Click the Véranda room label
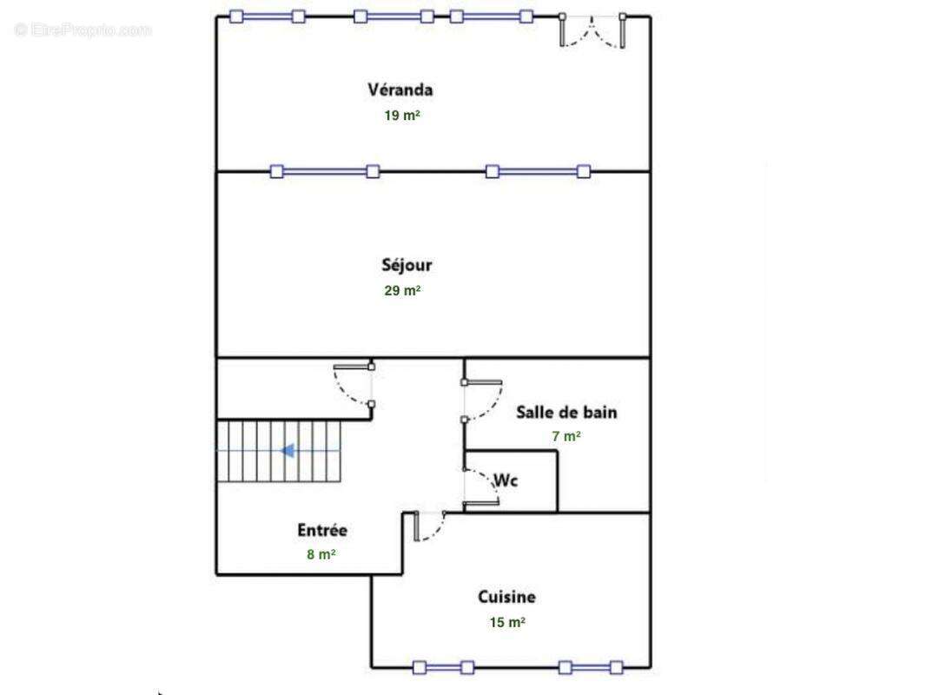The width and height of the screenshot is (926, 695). pyautogui.click(x=400, y=89)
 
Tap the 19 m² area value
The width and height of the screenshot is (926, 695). pyautogui.click(x=402, y=116)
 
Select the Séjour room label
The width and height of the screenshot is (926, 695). pyautogui.click(x=407, y=265)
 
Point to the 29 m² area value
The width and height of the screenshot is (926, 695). pyautogui.click(x=402, y=290)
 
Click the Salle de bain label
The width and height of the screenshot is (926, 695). pyautogui.click(x=566, y=412)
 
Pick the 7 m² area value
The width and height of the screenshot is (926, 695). pyautogui.click(x=566, y=436)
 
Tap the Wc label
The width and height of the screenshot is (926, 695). pyautogui.click(x=506, y=480)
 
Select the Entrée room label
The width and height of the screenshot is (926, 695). pyautogui.click(x=322, y=530)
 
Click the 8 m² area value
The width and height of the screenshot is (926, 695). pyautogui.click(x=321, y=554)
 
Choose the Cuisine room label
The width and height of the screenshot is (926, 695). pyautogui.click(x=506, y=597)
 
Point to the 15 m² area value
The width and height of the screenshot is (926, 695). pyautogui.click(x=507, y=622)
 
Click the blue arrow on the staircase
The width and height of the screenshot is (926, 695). pyautogui.click(x=288, y=451)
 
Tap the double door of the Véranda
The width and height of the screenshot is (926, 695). pyautogui.click(x=592, y=30)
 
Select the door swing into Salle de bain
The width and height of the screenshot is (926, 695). pyautogui.click(x=482, y=400)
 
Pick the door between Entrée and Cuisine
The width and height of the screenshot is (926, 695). pyautogui.click(x=429, y=526)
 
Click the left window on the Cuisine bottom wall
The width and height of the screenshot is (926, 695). pyautogui.click(x=444, y=668)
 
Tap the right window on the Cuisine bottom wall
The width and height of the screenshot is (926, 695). pyautogui.click(x=591, y=668)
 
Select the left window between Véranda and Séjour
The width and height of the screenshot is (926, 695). pyautogui.click(x=324, y=172)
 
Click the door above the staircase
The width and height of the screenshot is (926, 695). pyautogui.click(x=354, y=385)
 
